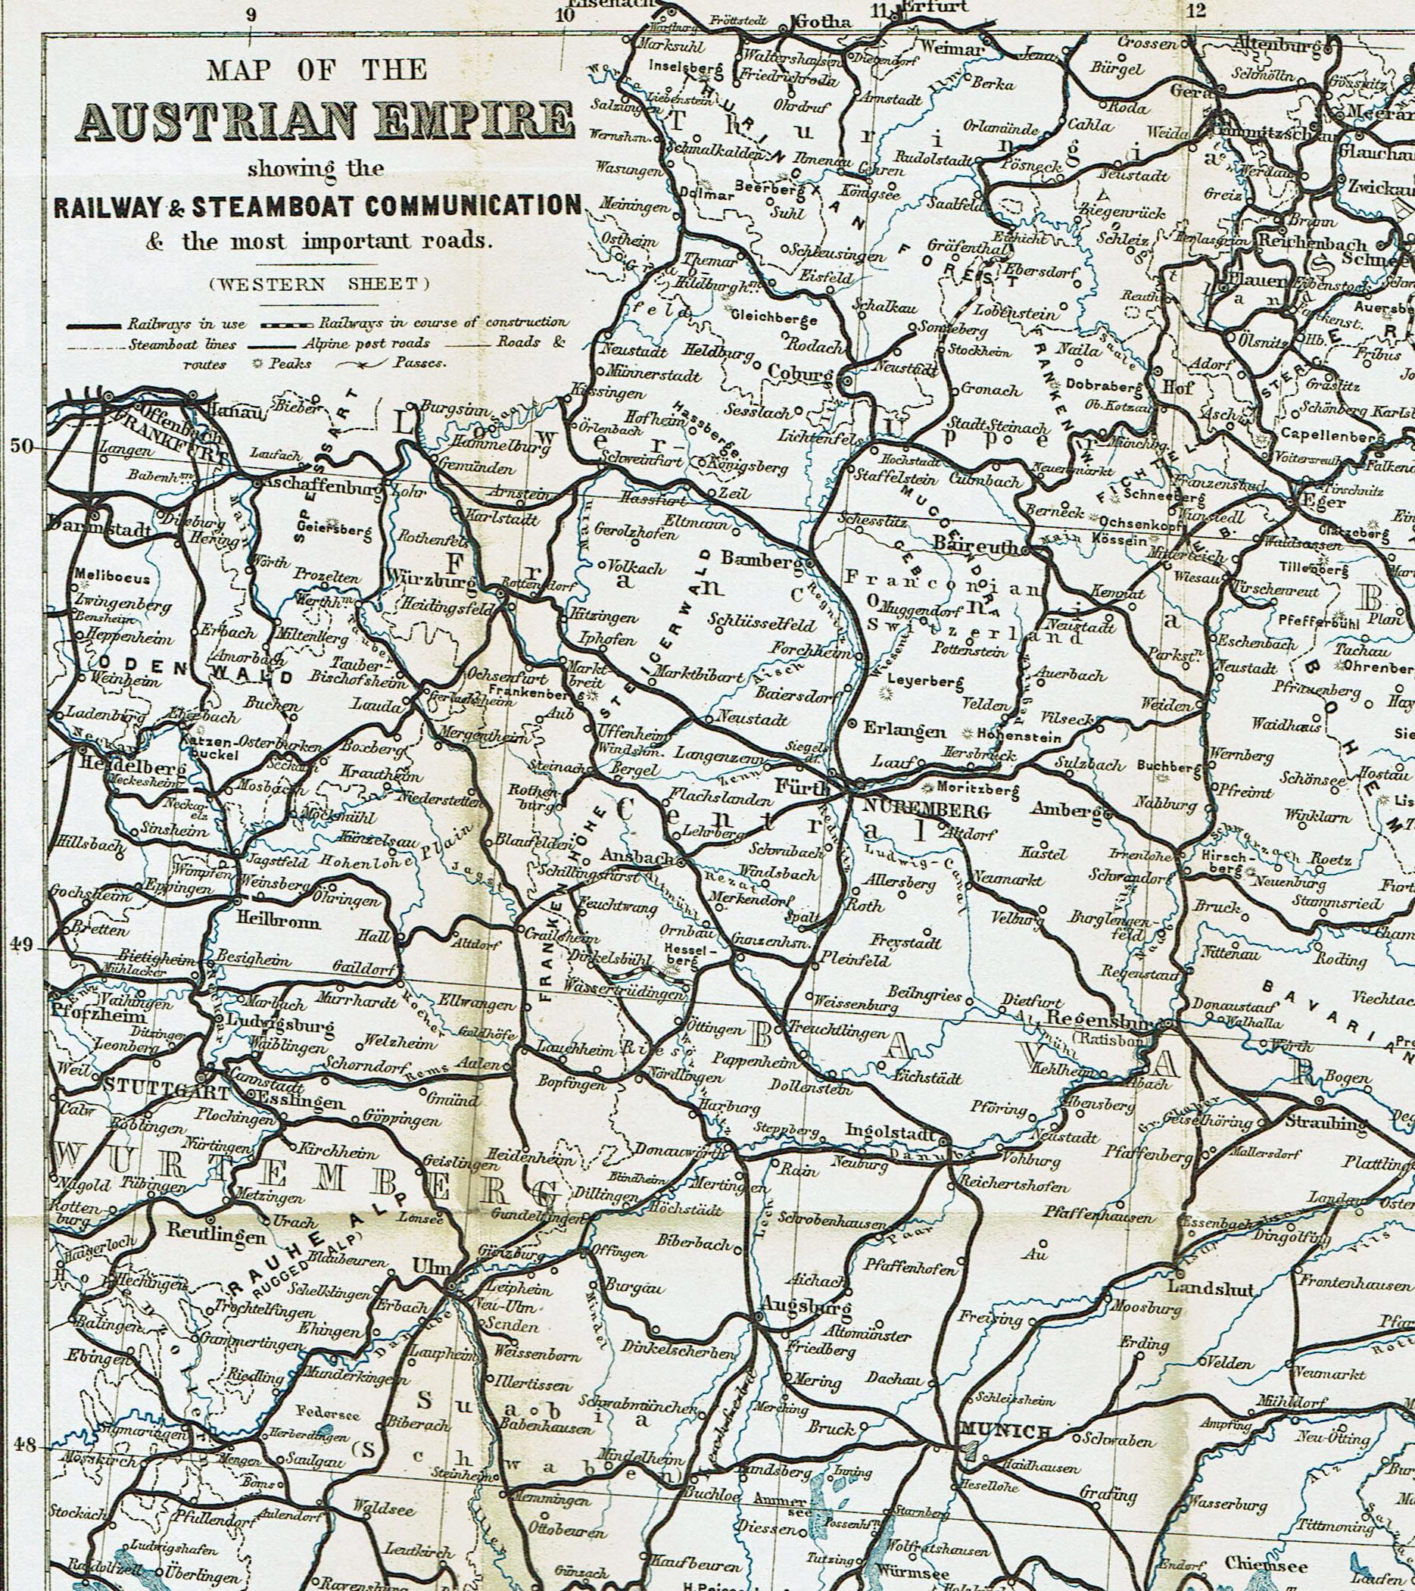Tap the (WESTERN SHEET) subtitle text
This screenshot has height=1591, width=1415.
pos(319,284)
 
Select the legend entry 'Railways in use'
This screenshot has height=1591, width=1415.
pos(187,323)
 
